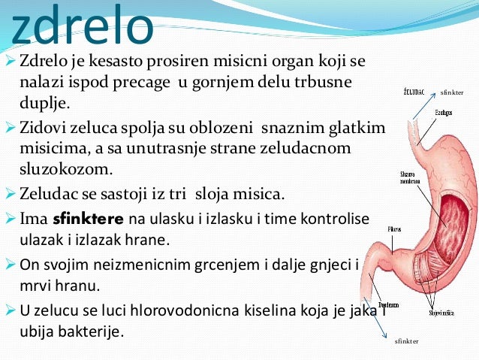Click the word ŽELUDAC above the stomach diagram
click(x=414, y=92)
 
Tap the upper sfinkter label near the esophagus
click(x=453, y=92)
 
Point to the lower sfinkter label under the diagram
click(x=406, y=340)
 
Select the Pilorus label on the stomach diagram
click(x=394, y=228)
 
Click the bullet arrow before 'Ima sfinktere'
click(x=10, y=219)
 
